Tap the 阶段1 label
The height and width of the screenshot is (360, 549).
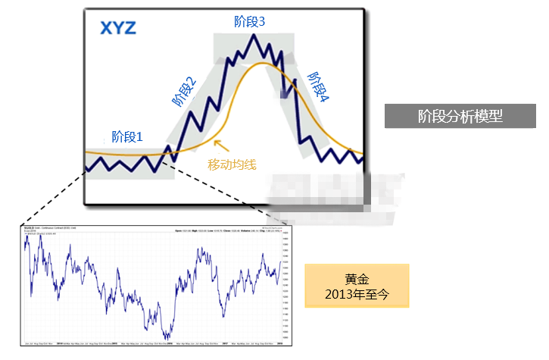pyautogui.click(x=127, y=136)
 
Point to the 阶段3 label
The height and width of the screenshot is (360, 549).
pyautogui.click(x=250, y=23)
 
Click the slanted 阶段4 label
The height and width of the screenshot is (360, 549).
pyautogui.click(x=319, y=88)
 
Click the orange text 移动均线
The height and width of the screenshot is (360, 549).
pyautogui.click(x=233, y=163)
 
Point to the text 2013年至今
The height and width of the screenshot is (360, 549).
pyautogui.click(x=356, y=293)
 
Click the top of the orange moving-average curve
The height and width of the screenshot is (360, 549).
pyautogui.click(x=261, y=63)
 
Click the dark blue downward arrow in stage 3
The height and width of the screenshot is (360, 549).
pyautogui.click(x=285, y=88)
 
